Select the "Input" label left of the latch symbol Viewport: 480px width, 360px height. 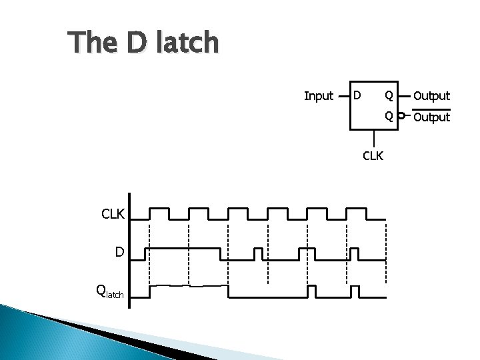click(x=318, y=96)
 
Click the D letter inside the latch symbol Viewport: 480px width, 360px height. click(x=357, y=95)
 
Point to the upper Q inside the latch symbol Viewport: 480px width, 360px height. click(x=388, y=95)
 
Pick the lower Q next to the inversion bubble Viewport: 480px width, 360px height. click(x=388, y=116)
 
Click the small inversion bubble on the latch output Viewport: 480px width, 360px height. click(x=400, y=116)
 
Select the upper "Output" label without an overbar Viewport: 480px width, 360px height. click(x=431, y=96)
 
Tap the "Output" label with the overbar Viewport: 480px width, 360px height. click(x=431, y=117)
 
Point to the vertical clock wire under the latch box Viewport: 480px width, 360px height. click(x=374, y=138)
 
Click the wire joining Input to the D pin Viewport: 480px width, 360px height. click(x=344, y=95)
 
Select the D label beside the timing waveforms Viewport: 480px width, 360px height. click(x=119, y=252)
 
